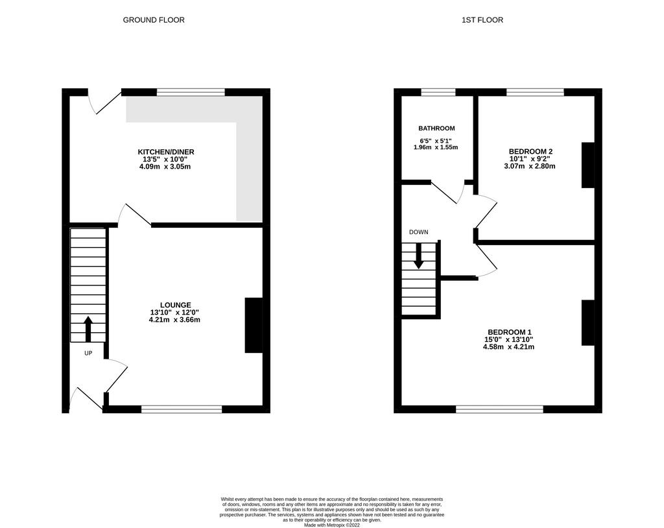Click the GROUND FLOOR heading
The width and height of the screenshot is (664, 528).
pos(154,20)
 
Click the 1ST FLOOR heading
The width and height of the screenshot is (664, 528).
pos(482,20)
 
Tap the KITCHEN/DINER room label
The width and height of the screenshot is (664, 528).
pos(166,152)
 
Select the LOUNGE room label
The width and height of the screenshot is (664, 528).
pos(175,305)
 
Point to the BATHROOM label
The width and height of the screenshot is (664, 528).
pos(436,128)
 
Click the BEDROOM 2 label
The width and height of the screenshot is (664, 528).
pos(530,151)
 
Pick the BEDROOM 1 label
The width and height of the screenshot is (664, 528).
pos(510,332)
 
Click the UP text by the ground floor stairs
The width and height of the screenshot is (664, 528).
pos(88,353)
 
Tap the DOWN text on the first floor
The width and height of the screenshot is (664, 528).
pos(418,232)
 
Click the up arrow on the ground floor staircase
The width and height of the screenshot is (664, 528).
pos(88,329)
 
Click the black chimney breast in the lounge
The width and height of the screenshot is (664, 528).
pos(254,325)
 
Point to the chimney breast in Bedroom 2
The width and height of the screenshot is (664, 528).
pos(588,165)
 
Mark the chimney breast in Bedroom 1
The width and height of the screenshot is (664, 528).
pos(588,323)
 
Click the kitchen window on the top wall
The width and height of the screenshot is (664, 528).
pos(191,92)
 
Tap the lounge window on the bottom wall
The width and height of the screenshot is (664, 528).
pos(182,409)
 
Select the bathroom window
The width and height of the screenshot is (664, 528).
pos(438,92)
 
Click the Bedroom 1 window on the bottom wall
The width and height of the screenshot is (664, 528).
pos(500,409)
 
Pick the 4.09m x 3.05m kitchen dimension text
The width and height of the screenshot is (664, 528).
pos(165,167)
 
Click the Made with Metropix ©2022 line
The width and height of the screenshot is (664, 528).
pos(332,525)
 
